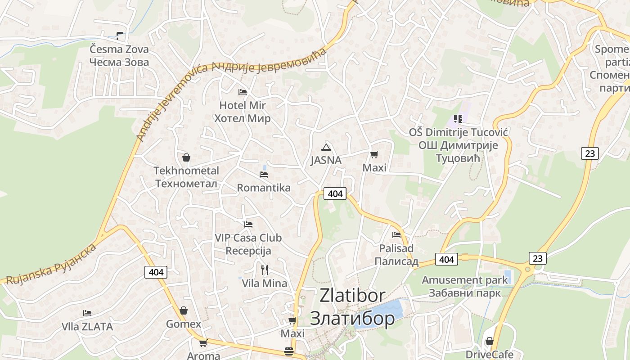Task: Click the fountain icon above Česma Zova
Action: coord(120,35)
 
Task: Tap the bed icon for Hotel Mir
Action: coord(243,92)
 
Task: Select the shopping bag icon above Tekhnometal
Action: coord(186,157)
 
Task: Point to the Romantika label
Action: coord(264,188)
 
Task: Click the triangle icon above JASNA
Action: coord(326,147)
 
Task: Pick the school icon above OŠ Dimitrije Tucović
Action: coord(458,119)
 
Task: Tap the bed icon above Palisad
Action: coord(396,234)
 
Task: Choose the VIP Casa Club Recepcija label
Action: coord(248,244)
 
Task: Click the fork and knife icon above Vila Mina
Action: coord(265,270)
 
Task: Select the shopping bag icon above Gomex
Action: coord(184,310)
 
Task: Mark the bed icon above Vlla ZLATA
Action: coord(87,313)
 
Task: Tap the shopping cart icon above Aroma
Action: coord(203,343)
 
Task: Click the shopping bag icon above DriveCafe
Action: coord(489,341)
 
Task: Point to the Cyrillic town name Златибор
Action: coord(352,318)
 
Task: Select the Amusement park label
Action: coord(464,280)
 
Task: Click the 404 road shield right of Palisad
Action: coord(446,259)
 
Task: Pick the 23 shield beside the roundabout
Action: coord(537,258)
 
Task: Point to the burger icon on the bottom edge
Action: coord(289,351)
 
